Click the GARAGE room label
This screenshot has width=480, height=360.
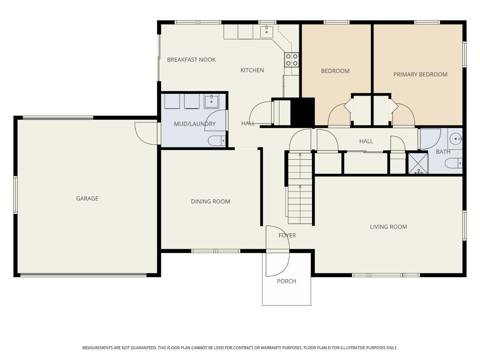pyautogui.click(x=87, y=198)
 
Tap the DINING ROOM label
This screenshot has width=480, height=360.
pyautogui.click(x=210, y=201)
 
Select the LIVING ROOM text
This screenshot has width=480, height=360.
pyautogui.click(x=388, y=227)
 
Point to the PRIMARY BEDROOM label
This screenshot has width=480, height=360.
pyautogui.click(x=420, y=75)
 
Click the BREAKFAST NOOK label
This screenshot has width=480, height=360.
pyautogui.click(x=191, y=60)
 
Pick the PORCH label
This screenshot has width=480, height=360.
pyautogui.click(x=286, y=281)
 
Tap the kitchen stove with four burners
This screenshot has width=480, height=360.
pyautogui.click(x=292, y=60)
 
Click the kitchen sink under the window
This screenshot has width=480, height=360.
pyautogui.click(x=266, y=32)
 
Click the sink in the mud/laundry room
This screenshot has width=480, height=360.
pyautogui.click(x=211, y=102)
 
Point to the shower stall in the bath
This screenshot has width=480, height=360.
pyautogui.click(x=418, y=164)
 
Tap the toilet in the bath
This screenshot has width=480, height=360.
pyautogui.click(x=453, y=163)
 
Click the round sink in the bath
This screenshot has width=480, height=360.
pyautogui.click(x=455, y=139)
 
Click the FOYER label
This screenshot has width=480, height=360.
pyautogui.click(x=287, y=235)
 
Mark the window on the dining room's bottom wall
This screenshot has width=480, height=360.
pyautogui.click(x=215, y=251)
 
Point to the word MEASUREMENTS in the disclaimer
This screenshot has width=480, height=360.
pyautogui.click(x=97, y=348)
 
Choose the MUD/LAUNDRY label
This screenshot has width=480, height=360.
pyautogui.click(x=195, y=124)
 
